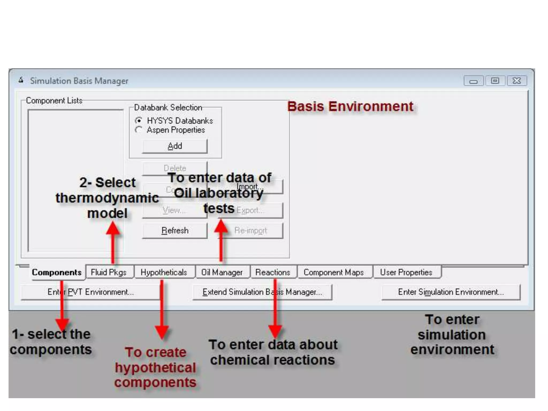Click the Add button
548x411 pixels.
pyautogui.click(x=174, y=146)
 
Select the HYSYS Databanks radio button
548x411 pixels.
pyautogui.click(x=139, y=120)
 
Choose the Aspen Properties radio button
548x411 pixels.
pyautogui.click(x=139, y=130)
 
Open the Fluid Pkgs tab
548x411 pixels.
pyautogui.click(x=109, y=272)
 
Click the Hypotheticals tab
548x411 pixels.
pyautogui.click(x=164, y=272)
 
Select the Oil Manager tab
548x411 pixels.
pyautogui.click(x=222, y=272)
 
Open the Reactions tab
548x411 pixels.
pyautogui.click(x=273, y=272)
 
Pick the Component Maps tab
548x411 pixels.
pyautogui.click(x=334, y=272)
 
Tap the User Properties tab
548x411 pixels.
pyautogui.click(x=406, y=272)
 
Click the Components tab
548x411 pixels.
pyautogui.click(x=57, y=272)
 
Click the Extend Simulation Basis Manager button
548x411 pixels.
pyautogui.click(x=262, y=292)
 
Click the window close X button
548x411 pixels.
pyautogui.click(x=517, y=81)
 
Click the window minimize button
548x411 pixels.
pyautogui.click(x=473, y=81)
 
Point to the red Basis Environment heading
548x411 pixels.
pyautogui.click(x=350, y=106)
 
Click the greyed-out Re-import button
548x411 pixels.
pyautogui.click(x=250, y=230)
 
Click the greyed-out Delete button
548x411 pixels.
pyautogui.click(x=175, y=168)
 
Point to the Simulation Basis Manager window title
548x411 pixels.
pyautogui.click(x=79, y=81)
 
